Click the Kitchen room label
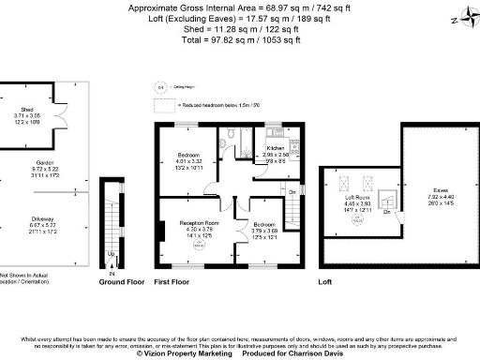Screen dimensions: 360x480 pyautogui.click(x=276, y=148)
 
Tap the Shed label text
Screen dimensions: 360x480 pyautogui.click(x=27, y=109)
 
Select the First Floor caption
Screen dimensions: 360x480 pyautogui.click(x=175, y=280)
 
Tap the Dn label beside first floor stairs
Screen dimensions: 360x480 pyautogui.click(x=292, y=192)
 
